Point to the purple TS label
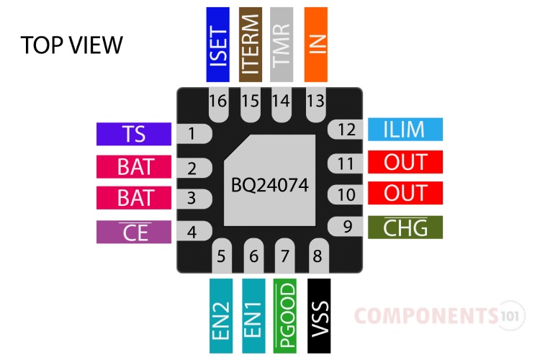[x=134, y=134]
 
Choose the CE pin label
[x=134, y=232]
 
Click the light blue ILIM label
[x=405, y=130]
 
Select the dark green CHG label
[x=405, y=228]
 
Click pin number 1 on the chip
[x=192, y=133]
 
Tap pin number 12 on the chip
[x=347, y=130]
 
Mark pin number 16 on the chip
[x=218, y=101]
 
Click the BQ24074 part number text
[x=270, y=185]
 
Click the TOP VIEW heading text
[x=72, y=45]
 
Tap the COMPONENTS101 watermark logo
[x=439, y=315]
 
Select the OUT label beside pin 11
[x=405, y=163]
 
